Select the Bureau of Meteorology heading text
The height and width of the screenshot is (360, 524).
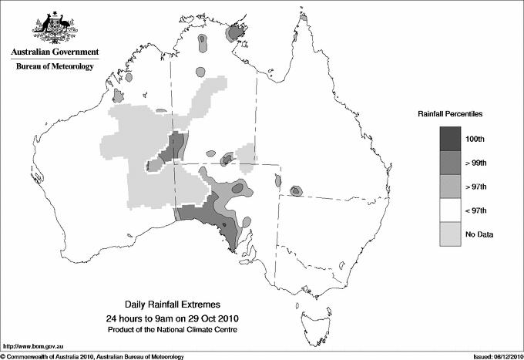(54, 67)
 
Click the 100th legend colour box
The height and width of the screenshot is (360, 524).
(450, 138)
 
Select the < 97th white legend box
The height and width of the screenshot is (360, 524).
(450, 210)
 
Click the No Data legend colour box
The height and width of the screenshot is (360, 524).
(450, 234)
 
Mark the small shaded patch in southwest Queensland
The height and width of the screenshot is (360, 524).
(295, 190)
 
